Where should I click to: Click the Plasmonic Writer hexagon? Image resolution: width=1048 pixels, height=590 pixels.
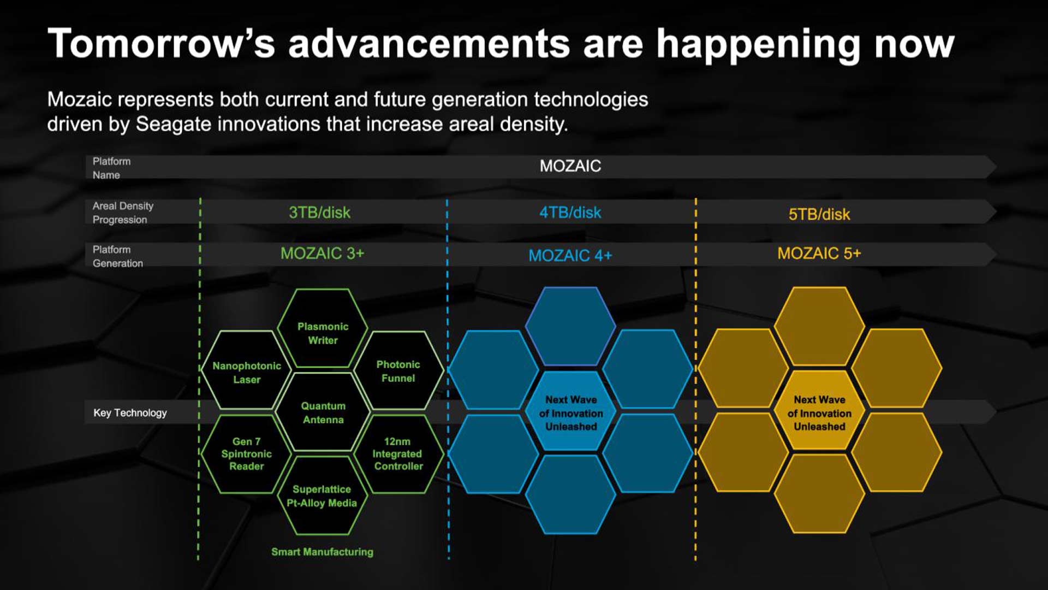(323, 328)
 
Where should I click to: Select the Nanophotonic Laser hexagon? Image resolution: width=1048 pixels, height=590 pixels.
(247, 370)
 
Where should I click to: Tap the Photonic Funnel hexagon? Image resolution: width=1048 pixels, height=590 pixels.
(398, 370)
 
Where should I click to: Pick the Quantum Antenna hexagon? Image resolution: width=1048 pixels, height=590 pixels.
(323, 412)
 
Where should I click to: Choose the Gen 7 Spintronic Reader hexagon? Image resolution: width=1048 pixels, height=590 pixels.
(247, 454)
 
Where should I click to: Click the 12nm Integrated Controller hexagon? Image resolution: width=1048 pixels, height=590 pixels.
(398, 454)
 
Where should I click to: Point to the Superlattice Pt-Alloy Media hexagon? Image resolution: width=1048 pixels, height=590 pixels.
(323, 495)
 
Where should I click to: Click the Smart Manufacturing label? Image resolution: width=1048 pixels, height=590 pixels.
(323, 552)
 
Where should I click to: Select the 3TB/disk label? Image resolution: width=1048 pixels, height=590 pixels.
(320, 213)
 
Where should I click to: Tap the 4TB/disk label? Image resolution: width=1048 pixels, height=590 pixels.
(570, 213)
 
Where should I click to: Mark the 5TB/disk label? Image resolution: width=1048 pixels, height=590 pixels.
(819, 214)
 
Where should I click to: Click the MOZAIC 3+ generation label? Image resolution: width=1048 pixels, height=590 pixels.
(322, 253)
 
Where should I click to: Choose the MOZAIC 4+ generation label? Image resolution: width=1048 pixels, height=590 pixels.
(570, 255)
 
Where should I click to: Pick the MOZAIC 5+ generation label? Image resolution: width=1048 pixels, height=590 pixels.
(819, 253)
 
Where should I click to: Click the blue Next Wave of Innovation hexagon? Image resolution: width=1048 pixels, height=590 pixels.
(571, 411)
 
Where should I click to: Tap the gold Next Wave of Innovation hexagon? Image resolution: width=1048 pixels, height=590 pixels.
(819, 411)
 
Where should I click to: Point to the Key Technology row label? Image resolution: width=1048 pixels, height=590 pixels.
(130, 413)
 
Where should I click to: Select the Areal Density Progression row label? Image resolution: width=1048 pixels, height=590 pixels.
(123, 213)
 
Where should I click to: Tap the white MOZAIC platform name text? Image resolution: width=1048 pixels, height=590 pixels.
(570, 166)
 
